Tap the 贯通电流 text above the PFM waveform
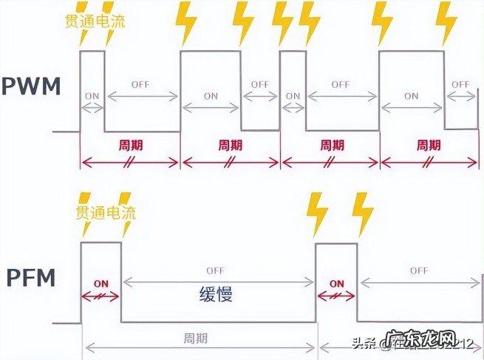click(x=104, y=213)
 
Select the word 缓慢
click(x=216, y=294)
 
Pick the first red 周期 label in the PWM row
click(x=129, y=144)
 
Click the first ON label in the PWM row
click(x=92, y=95)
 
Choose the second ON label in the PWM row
click(x=211, y=95)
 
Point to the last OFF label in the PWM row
click(x=461, y=84)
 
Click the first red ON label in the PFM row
click(x=101, y=283)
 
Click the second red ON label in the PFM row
click(x=336, y=283)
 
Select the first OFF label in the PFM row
click(x=216, y=270)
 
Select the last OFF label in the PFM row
click(x=419, y=270)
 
